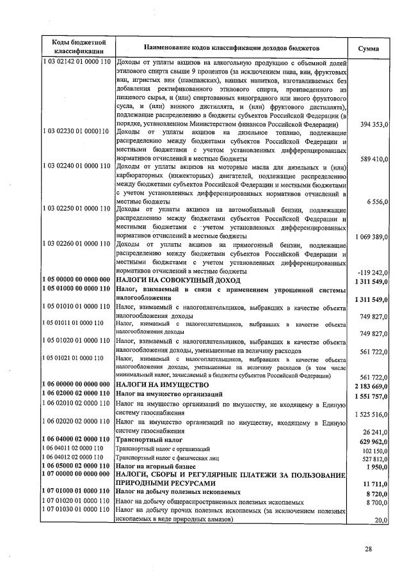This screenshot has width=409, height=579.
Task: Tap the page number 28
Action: [x=368, y=548]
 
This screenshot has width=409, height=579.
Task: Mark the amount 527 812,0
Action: [x=372, y=459]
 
